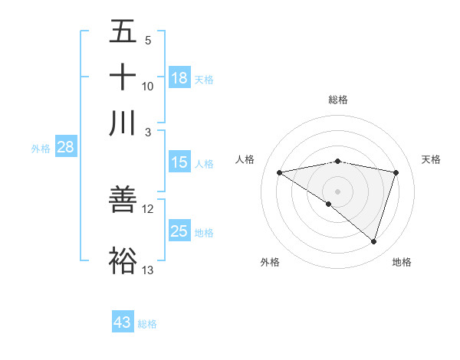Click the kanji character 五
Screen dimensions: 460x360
coord(123,32)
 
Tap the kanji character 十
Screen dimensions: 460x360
coord(123,77)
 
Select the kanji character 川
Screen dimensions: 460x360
coord(123,123)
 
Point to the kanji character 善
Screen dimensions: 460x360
coord(123,199)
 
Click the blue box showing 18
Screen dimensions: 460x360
coord(179,78)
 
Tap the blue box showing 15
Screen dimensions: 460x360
coord(179,162)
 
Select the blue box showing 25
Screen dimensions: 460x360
coord(179,231)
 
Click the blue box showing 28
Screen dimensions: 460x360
coord(65,148)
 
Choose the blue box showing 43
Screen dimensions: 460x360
coord(123,322)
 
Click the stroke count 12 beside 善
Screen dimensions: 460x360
coord(148,208)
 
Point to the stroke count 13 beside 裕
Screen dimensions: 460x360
coord(148,270)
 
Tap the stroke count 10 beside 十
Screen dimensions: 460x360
coord(148,86)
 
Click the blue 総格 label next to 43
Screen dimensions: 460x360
coord(148,324)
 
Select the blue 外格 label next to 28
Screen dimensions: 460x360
coord(41,149)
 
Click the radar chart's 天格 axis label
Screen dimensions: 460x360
coord(431,159)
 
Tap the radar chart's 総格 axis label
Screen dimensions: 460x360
coord(338,100)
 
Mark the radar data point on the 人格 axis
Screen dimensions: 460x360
coord(280,172)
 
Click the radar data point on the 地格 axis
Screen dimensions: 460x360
coord(373,241)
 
